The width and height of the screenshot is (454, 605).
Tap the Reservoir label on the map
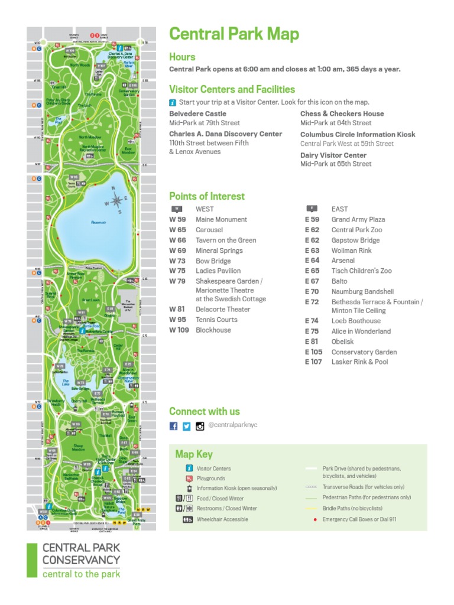(98, 222)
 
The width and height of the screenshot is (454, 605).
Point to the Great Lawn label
(90, 300)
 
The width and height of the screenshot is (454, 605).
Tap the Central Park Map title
(234, 34)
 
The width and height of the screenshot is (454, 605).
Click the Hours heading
(182, 57)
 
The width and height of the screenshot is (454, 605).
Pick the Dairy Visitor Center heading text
(333, 155)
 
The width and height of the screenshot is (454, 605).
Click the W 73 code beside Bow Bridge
(177, 261)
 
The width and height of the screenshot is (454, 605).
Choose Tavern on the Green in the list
(226, 240)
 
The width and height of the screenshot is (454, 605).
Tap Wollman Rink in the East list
(351, 251)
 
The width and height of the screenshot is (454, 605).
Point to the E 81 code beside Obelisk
(312, 341)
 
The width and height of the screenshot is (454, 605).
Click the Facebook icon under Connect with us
(174, 426)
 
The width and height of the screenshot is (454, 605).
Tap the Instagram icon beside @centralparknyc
(200, 426)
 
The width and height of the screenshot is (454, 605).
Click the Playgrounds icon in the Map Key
(189, 479)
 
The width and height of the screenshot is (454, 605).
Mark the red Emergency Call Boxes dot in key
(314, 519)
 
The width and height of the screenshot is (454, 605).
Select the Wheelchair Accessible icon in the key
(188, 519)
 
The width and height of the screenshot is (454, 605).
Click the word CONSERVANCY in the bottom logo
(81, 560)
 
